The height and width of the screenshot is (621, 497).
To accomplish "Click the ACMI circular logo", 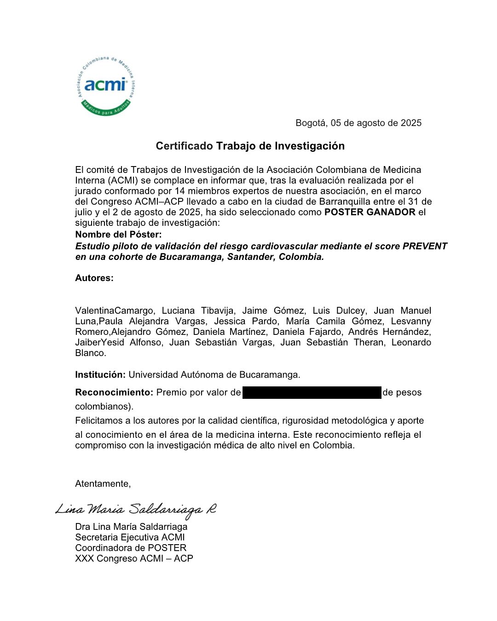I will (x=105, y=86).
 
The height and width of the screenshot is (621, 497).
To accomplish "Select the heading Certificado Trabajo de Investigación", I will (x=250, y=146).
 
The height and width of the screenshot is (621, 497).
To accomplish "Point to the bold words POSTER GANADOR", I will (x=370, y=212).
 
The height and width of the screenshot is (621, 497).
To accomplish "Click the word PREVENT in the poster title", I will (x=425, y=246).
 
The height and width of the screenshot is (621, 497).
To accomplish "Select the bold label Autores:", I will (x=94, y=278).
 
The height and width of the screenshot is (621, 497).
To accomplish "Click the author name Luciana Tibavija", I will (x=198, y=310).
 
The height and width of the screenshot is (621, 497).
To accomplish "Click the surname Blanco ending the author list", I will (x=90, y=353).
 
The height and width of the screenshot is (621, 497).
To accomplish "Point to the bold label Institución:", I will (x=100, y=374).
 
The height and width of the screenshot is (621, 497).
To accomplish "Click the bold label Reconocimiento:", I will (x=114, y=392).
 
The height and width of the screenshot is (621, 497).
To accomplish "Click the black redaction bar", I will (x=312, y=392).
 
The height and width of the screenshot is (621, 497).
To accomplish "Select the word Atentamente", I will (x=102, y=483).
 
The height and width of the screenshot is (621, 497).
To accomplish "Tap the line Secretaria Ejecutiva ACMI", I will (x=130, y=537).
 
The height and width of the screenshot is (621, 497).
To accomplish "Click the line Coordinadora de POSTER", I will (x=131, y=548).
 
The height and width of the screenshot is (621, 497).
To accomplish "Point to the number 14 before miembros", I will (x=179, y=191).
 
